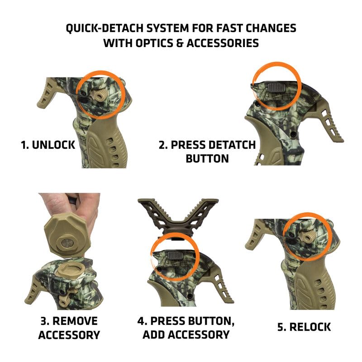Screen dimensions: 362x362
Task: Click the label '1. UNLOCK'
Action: click(48, 146)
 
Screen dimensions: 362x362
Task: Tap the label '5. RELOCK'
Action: click(304, 327)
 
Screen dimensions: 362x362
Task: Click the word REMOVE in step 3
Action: click(75, 321)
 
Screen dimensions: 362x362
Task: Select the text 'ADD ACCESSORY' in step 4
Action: click(186, 335)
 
